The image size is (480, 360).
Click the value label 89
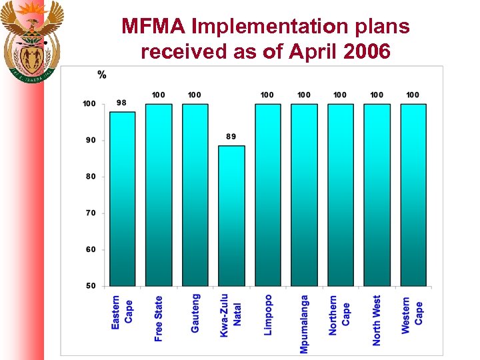click(x=231, y=137)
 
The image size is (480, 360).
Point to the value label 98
click(x=122, y=103)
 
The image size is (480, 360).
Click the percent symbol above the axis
click(x=102, y=75)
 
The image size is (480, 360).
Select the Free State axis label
click(x=159, y=319)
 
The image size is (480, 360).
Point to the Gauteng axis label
click(x=195, y=313)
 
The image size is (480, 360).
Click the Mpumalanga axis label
click(x=304, y=324)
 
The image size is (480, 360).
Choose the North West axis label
click(x=377, y=320)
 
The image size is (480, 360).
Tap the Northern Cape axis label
click(x=339, y=315)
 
